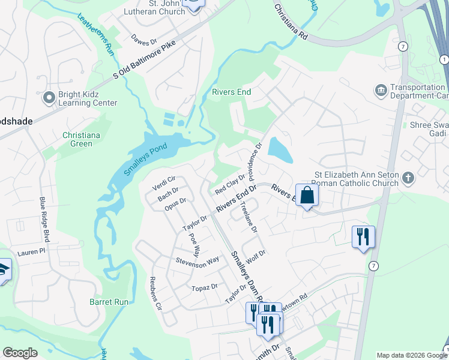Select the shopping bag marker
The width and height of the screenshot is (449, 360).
click(x=307, y=196)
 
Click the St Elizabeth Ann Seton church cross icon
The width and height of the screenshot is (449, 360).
click(x=408, y=178)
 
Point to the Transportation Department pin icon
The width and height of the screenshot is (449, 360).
click(x=381, y=90)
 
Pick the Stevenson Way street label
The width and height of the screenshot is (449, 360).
click(x=197, y=262)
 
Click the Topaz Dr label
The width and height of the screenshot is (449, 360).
click(x=205, y=287)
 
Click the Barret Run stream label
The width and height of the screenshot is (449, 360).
click(x=109, y=302)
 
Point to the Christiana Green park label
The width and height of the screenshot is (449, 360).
click(x=77, y=139)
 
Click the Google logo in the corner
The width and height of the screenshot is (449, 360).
click(x=20, y=353)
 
